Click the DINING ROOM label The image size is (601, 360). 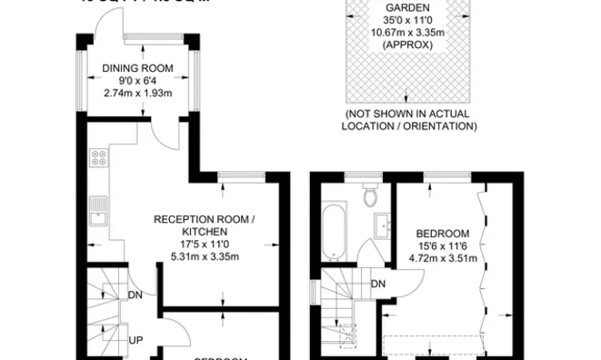139,67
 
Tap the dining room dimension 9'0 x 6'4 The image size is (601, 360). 139,80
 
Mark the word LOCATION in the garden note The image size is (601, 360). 370,125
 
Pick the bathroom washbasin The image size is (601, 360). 383,225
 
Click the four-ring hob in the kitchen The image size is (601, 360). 98,159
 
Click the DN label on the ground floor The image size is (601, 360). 135,295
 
